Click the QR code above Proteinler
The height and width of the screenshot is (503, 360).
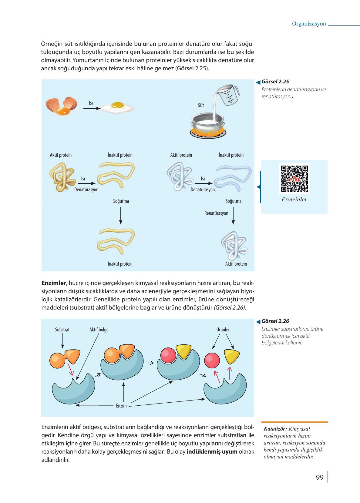(294, 179)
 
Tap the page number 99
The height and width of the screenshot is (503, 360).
(320, 478)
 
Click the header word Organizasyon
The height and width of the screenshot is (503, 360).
(309, 24)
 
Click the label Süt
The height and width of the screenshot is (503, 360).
(201, 106)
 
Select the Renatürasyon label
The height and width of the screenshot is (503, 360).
(216, 213)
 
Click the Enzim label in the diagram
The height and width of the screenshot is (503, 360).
(121, 406)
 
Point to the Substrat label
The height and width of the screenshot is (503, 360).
(62, 330)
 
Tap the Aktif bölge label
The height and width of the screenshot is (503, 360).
(99, 330)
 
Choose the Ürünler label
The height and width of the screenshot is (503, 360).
(223, 330)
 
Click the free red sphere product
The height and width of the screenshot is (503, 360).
(212, 360)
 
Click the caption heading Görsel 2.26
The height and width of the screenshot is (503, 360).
(275, 321)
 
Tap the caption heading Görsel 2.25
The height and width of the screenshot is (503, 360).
(275, 82)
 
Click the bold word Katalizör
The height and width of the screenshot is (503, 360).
(275, 429)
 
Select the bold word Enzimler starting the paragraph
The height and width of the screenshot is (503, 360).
(53, 283)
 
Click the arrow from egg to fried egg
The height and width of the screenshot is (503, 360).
(92, 108)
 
